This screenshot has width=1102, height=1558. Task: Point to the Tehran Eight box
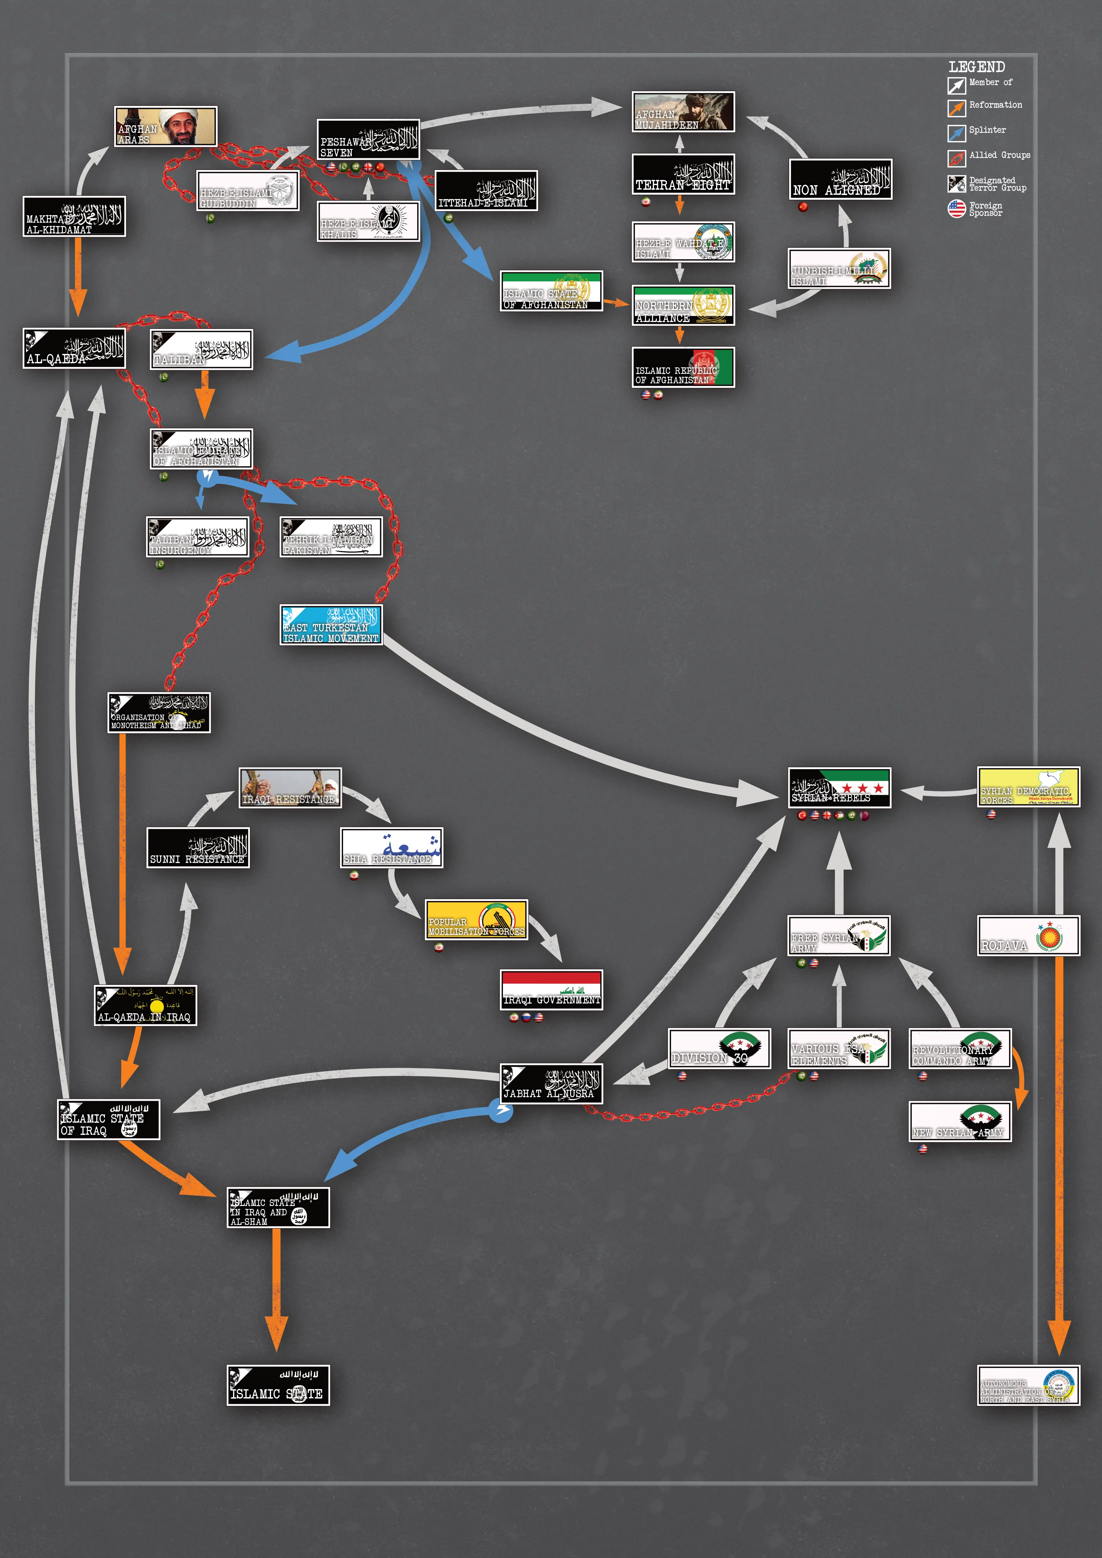click(x=683, y=174)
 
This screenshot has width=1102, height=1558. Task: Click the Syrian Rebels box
click(x=839, y=788)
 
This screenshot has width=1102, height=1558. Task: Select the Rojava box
click(x=1028, y=936)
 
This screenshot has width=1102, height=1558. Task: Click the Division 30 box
click(x=719, y=1048)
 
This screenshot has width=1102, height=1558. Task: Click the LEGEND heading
click(x=976, y=67)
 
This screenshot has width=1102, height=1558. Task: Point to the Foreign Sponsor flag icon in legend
click(x=956, y=208)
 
